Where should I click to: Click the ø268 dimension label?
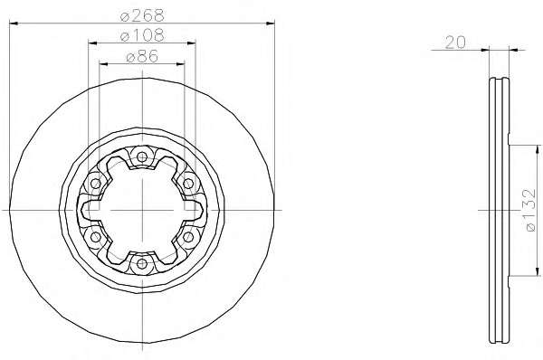pos(142,14)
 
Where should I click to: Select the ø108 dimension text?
pos(142,35)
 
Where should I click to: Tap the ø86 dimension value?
pos(142,56)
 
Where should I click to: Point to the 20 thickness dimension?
pos(455,43)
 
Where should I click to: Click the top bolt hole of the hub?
pos(142,156)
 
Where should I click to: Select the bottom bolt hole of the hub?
pos(142,264)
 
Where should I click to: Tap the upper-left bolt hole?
pos(95,184)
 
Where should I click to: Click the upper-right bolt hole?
pos(188,184)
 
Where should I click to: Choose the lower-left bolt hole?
pos(95,237)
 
